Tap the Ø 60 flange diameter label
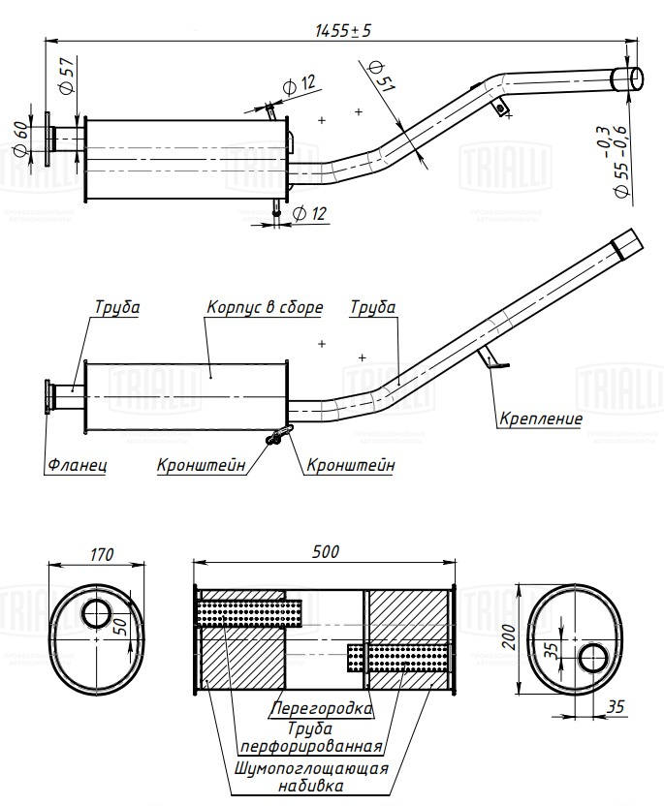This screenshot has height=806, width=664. coord(19,139)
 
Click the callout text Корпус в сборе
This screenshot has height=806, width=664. coord(264,308)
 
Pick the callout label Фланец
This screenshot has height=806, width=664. coord(76,465)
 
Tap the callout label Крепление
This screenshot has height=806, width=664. coord(541,419)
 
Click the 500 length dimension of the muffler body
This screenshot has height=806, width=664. coord(325,551)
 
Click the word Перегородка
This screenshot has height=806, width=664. coord(323,708)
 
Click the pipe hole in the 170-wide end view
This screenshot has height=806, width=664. coord(97,613)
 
